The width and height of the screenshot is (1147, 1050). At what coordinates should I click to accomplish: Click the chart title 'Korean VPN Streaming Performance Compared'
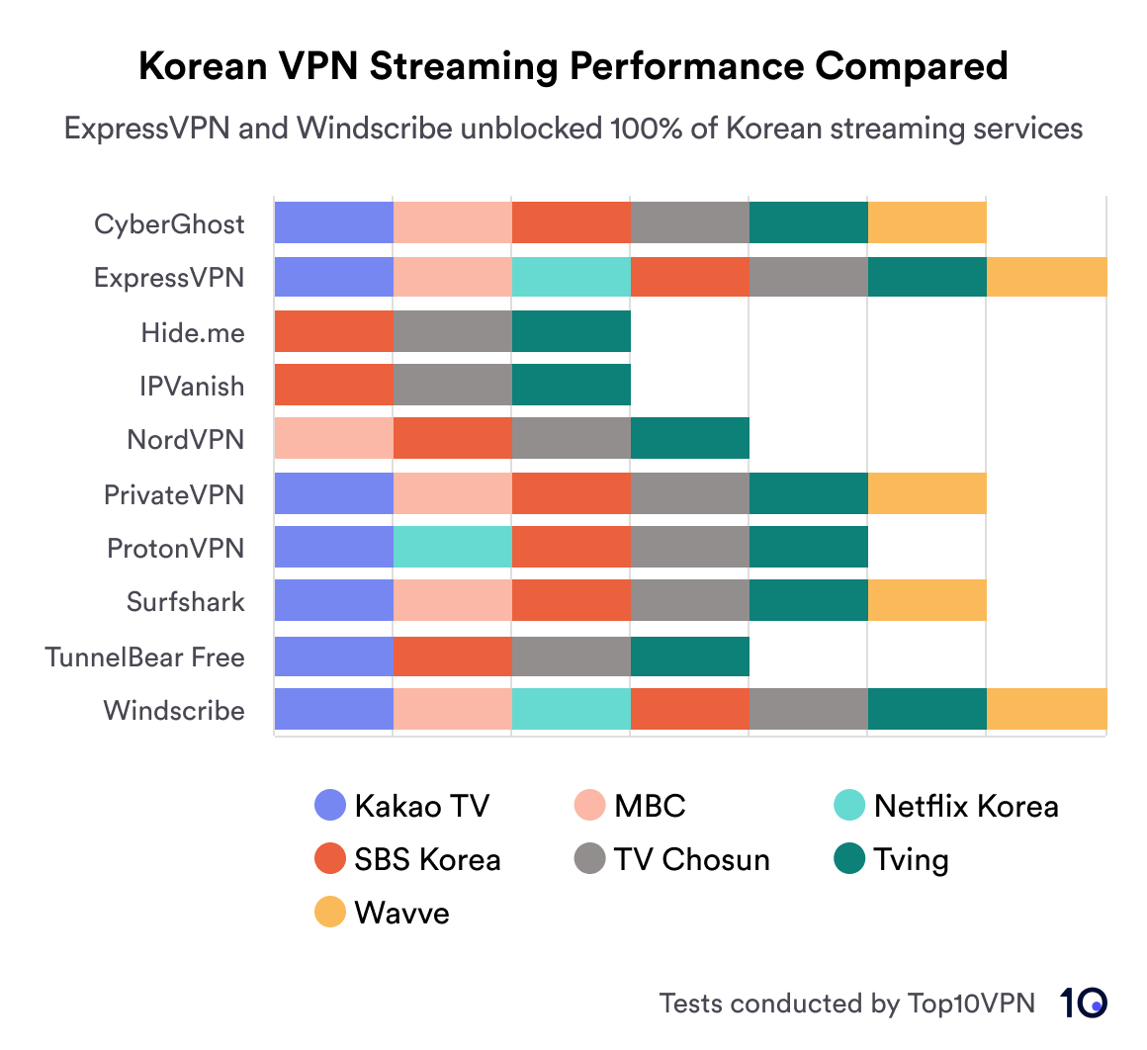tap(573, 67)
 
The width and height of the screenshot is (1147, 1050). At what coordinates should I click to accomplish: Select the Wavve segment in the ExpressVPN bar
tap(1046, 277)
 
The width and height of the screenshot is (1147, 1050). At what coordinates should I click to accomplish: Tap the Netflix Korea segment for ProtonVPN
tap(452, 548)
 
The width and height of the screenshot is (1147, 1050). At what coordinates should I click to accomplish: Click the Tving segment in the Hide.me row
tap(571, 332)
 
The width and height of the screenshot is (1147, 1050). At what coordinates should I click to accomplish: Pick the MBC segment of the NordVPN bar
tap(333, 439)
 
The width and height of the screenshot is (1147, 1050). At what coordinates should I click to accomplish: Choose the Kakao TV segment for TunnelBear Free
tap(333, 656)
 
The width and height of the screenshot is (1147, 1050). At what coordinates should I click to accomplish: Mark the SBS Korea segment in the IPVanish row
tap(333, 385)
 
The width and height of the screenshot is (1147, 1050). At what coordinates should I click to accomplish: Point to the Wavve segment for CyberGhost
tap(926, 222)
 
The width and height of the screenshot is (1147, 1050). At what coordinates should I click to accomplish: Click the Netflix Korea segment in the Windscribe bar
tap(571, 710)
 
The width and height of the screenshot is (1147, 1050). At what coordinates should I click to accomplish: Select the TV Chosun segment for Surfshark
tap(689, 601)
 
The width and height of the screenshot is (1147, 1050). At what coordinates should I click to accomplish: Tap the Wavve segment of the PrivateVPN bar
tap(926, 493)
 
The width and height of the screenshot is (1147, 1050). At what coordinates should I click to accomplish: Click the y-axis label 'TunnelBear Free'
tap(144, 657)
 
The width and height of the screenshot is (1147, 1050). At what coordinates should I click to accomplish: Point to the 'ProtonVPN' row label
tap(175, 549)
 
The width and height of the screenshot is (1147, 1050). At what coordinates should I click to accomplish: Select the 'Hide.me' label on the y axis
tap(192, 333)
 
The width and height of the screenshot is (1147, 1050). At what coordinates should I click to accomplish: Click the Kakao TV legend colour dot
tap(329, 806)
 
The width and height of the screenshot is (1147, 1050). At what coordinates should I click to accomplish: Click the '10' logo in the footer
tap(1084, 1003)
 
